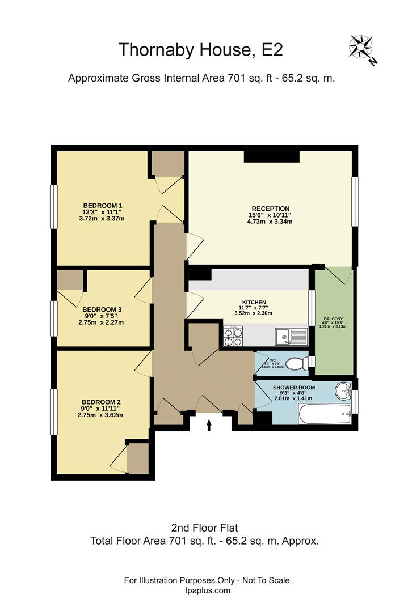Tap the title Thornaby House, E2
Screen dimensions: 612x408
[x=200, y=49]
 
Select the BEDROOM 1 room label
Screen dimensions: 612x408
[x=103, y=205]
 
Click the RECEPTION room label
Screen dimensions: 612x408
[x=271, y=209]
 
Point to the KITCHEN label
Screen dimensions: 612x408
[x=254, y=302]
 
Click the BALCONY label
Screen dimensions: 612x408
[x=333, y=319]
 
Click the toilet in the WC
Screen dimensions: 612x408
[x=296, y=363]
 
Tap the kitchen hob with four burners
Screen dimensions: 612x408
[x=233, y=337]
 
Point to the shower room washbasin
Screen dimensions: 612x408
[x=343, y=390]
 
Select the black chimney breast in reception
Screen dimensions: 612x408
[x=271, y=157]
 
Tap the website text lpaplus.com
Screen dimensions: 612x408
[x=208, y=590]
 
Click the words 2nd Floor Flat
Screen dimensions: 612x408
[x=204, y=528]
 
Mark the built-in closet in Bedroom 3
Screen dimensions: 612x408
[x=69, y=280]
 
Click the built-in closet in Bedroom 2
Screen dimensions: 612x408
[x=138, y=458]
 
